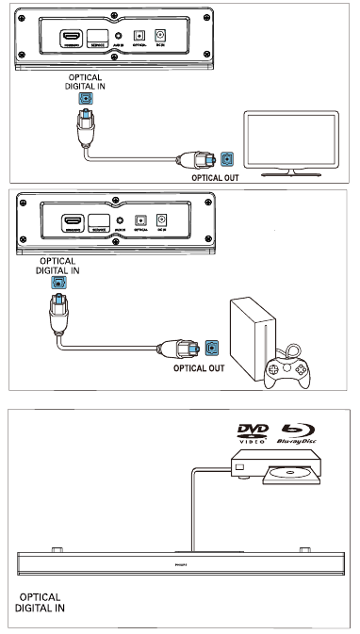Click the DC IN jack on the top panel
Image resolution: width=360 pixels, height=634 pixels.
pyautogui.click(x=161, y=39)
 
